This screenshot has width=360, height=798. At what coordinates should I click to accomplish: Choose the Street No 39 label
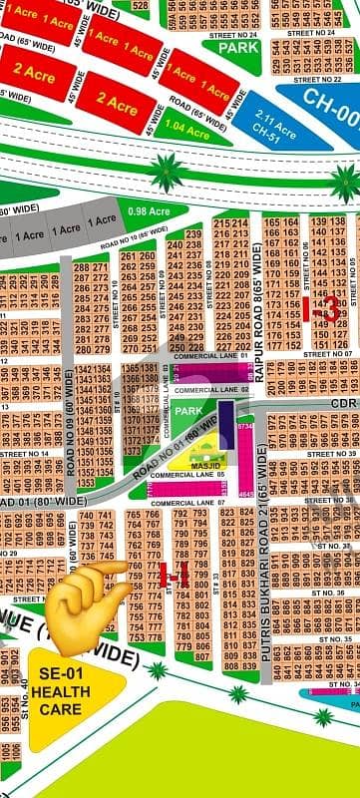click(x=333, y=454)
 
